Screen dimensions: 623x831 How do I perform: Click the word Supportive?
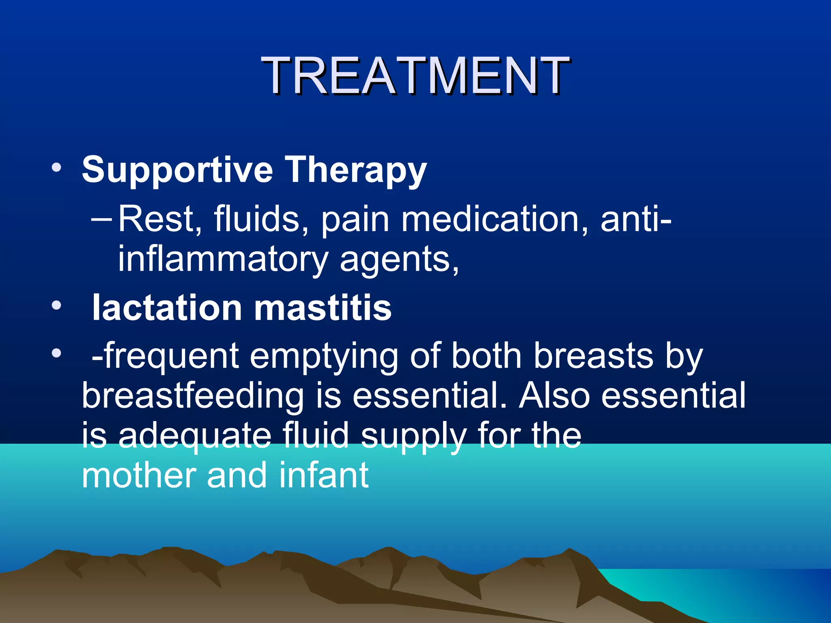pyautogui.click(x=177, y=170)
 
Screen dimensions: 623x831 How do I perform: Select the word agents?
pyautogui.click(x=399, y=260)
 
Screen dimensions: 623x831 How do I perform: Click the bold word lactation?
pyautogui.click(x=167, y=308)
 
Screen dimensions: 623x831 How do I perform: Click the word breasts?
pyautogui.click(x=593, y=356)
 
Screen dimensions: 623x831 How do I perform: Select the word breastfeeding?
pyautogui.click(x=193, y=396)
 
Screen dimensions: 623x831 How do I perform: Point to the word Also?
pyautogui.click(x=554, y=395)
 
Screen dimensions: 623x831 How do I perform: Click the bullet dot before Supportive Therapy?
pyautogui.click(x=56, y=168)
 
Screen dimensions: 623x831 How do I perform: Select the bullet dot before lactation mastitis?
pyautogui.click(x=56, y=305)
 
